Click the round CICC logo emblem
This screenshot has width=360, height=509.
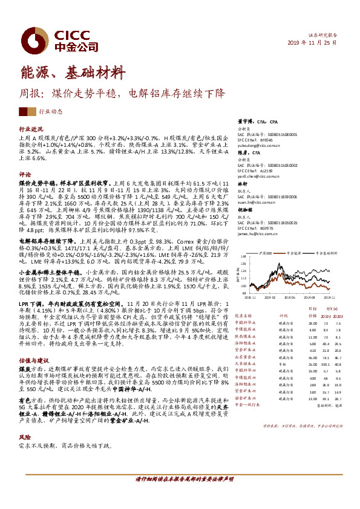coord(29,39)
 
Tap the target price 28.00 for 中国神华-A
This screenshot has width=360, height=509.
coord(312,323)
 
